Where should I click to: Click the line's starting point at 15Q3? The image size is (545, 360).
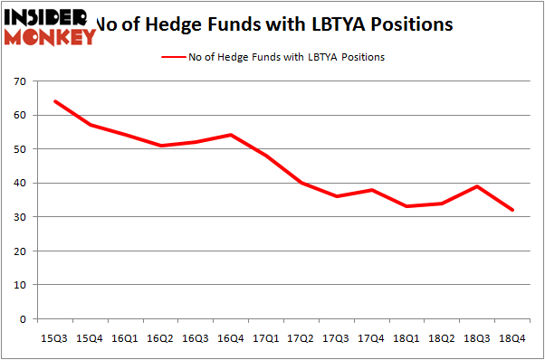[54, 101]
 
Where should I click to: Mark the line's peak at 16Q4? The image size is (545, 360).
[231, 135]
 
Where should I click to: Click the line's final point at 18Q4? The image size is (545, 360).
[512, 210]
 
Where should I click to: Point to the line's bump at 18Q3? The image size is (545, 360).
[477, 186]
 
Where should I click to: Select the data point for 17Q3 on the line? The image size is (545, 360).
[336, 196]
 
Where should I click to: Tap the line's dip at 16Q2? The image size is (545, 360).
[160, 146]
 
